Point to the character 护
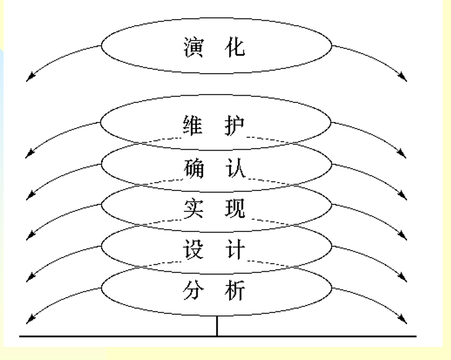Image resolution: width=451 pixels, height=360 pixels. coord(237,127)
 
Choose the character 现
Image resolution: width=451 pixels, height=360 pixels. coord(237,209)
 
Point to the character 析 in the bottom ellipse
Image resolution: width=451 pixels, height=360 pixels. coord(237,292)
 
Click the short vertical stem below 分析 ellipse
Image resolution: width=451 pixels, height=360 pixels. coord(217,327)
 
